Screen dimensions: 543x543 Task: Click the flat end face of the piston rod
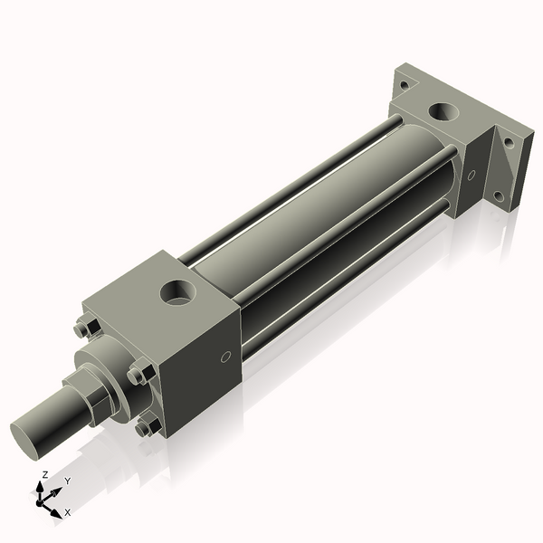[x=32, y=438]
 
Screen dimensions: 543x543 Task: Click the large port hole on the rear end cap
[x=443, y=112]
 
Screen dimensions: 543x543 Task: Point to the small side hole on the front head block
[x=226, y=357]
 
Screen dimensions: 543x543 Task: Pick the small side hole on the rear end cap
[x=472, y=176]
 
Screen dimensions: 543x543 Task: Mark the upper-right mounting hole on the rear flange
[x=509, y=142]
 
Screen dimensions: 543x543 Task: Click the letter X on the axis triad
[x=68, y=512]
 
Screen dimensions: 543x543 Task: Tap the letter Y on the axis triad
[x=67, y=481]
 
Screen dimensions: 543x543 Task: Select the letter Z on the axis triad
[x=44, y=474]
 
